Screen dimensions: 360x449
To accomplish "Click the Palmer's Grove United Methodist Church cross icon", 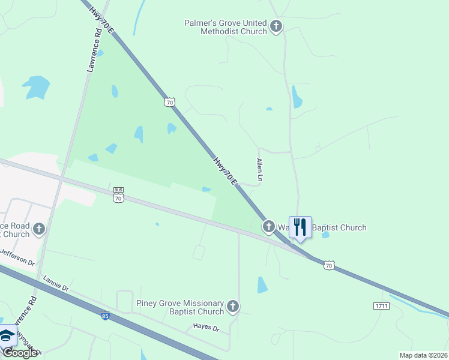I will click(276, 26).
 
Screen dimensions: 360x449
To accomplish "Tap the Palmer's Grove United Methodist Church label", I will click(225, 27).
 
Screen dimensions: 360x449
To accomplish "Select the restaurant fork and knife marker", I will click(300, 227).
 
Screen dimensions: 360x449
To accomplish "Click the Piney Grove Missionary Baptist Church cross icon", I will click(233, 307).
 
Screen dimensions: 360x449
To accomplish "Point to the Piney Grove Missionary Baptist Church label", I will click(180, 308).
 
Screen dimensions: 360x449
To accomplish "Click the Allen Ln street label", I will click(260, 170).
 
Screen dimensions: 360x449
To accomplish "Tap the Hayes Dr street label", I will click(207, 328).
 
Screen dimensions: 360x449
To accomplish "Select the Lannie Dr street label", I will click(56, 284).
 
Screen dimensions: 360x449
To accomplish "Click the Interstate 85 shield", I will click(105, 316).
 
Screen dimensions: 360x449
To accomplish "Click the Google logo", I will click(20, 353).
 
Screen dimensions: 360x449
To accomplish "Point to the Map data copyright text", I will click(423, 355).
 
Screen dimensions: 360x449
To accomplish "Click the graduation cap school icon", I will click(7, 335).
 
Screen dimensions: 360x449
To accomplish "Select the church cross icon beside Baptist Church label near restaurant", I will click(268, 226).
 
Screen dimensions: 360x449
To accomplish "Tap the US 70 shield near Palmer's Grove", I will click(170, 103).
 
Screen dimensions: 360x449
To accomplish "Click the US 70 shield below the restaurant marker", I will click(329, 265).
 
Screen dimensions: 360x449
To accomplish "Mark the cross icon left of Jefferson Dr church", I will click(39, 228).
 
